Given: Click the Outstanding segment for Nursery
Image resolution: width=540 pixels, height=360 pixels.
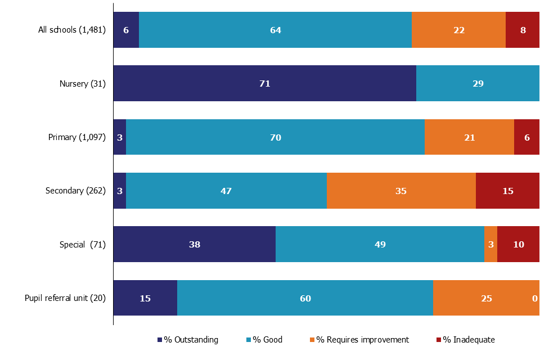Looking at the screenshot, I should (x=264, y=83).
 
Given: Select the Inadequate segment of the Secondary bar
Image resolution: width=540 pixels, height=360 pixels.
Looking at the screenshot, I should (x=507, y=191).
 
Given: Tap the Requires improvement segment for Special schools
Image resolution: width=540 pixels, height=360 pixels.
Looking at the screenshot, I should (x=490, y=244).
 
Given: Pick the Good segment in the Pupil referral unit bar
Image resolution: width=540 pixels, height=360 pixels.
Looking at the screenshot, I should (x=305, y=298).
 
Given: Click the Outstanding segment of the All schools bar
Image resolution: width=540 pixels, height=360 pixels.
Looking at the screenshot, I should (x=126, y=30).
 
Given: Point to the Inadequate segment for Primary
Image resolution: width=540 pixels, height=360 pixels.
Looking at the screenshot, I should (x=526, y=137).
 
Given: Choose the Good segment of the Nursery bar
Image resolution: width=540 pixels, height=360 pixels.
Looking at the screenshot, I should (x=478, y=83).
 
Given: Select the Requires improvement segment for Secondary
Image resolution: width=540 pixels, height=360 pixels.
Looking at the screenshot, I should (x=401, y=191).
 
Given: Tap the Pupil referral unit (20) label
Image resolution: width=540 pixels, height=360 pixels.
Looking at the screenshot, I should (x=65, y=298).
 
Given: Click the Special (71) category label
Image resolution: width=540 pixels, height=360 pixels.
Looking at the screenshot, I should (x=83, y=245).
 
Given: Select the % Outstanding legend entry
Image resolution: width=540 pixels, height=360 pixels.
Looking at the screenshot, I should (x=188, y=340).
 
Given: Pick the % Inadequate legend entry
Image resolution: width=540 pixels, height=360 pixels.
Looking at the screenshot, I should (x=465, y=340).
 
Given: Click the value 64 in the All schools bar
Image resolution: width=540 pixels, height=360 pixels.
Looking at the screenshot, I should (x=275, y=30).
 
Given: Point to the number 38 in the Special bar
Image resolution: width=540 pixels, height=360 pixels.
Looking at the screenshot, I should (x=195, y=245).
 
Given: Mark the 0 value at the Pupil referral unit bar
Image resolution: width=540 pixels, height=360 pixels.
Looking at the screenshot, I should (x=535, y=298).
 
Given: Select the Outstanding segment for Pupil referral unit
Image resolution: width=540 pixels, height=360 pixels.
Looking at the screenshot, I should (x=145, y=298).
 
